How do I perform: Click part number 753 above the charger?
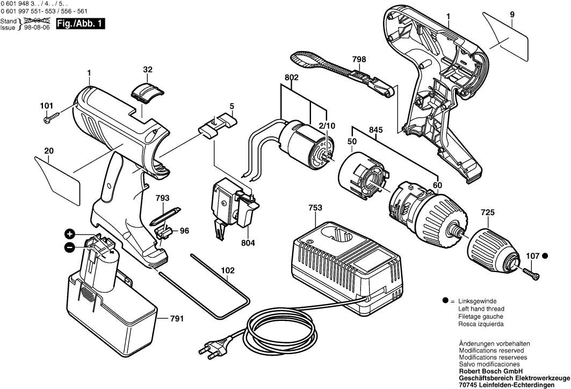[x=316, y=208]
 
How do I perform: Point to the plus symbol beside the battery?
[x=70, y=233]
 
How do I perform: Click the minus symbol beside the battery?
[x=70, y=247]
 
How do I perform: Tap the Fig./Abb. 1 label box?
[x=81, y=23]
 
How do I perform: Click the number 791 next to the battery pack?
[x=177, y=319]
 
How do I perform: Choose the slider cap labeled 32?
[x=147, y=91]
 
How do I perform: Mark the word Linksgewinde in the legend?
[x=477, y=302]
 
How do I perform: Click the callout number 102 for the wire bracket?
[x=227, y=271]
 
